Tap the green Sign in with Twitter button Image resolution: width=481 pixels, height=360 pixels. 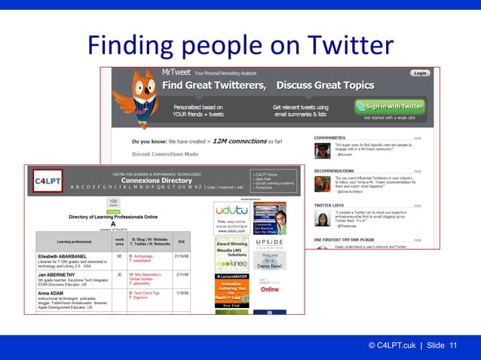tap(390, 106)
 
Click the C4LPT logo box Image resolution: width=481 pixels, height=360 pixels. tap(47, 180)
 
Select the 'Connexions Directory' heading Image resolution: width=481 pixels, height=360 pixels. tap(157, 181)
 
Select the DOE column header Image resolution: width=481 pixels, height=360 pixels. tap(182, 241)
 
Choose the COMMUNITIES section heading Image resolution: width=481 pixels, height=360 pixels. tap(330, 139)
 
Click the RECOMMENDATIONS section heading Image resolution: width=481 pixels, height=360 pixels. tap(335, 171)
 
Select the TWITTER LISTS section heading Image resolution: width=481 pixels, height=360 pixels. tap(330, 204)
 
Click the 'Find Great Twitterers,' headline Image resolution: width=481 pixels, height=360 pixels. tap(211, 84)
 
